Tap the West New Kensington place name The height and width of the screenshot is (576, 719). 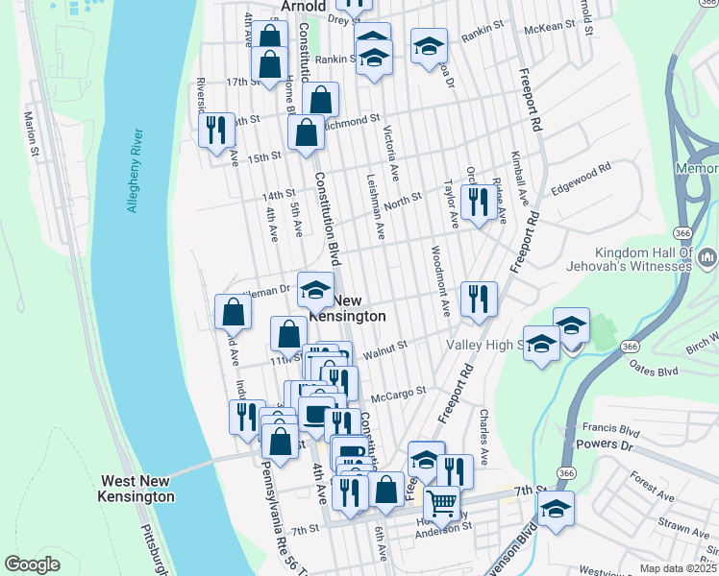pyautogui.click(x=136, y=489)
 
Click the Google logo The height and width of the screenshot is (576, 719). pyautogui.click(x=32, y=564)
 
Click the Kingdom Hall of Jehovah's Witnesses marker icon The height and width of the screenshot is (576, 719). pyautogui.click(x=708, y=256)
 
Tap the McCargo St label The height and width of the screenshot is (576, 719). pyautogui.click(x=398, y=394)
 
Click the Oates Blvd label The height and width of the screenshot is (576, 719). pyautogui.click(x=653, y=371)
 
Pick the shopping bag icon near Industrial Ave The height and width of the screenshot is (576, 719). pyautogui.click(x=234, y=310)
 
